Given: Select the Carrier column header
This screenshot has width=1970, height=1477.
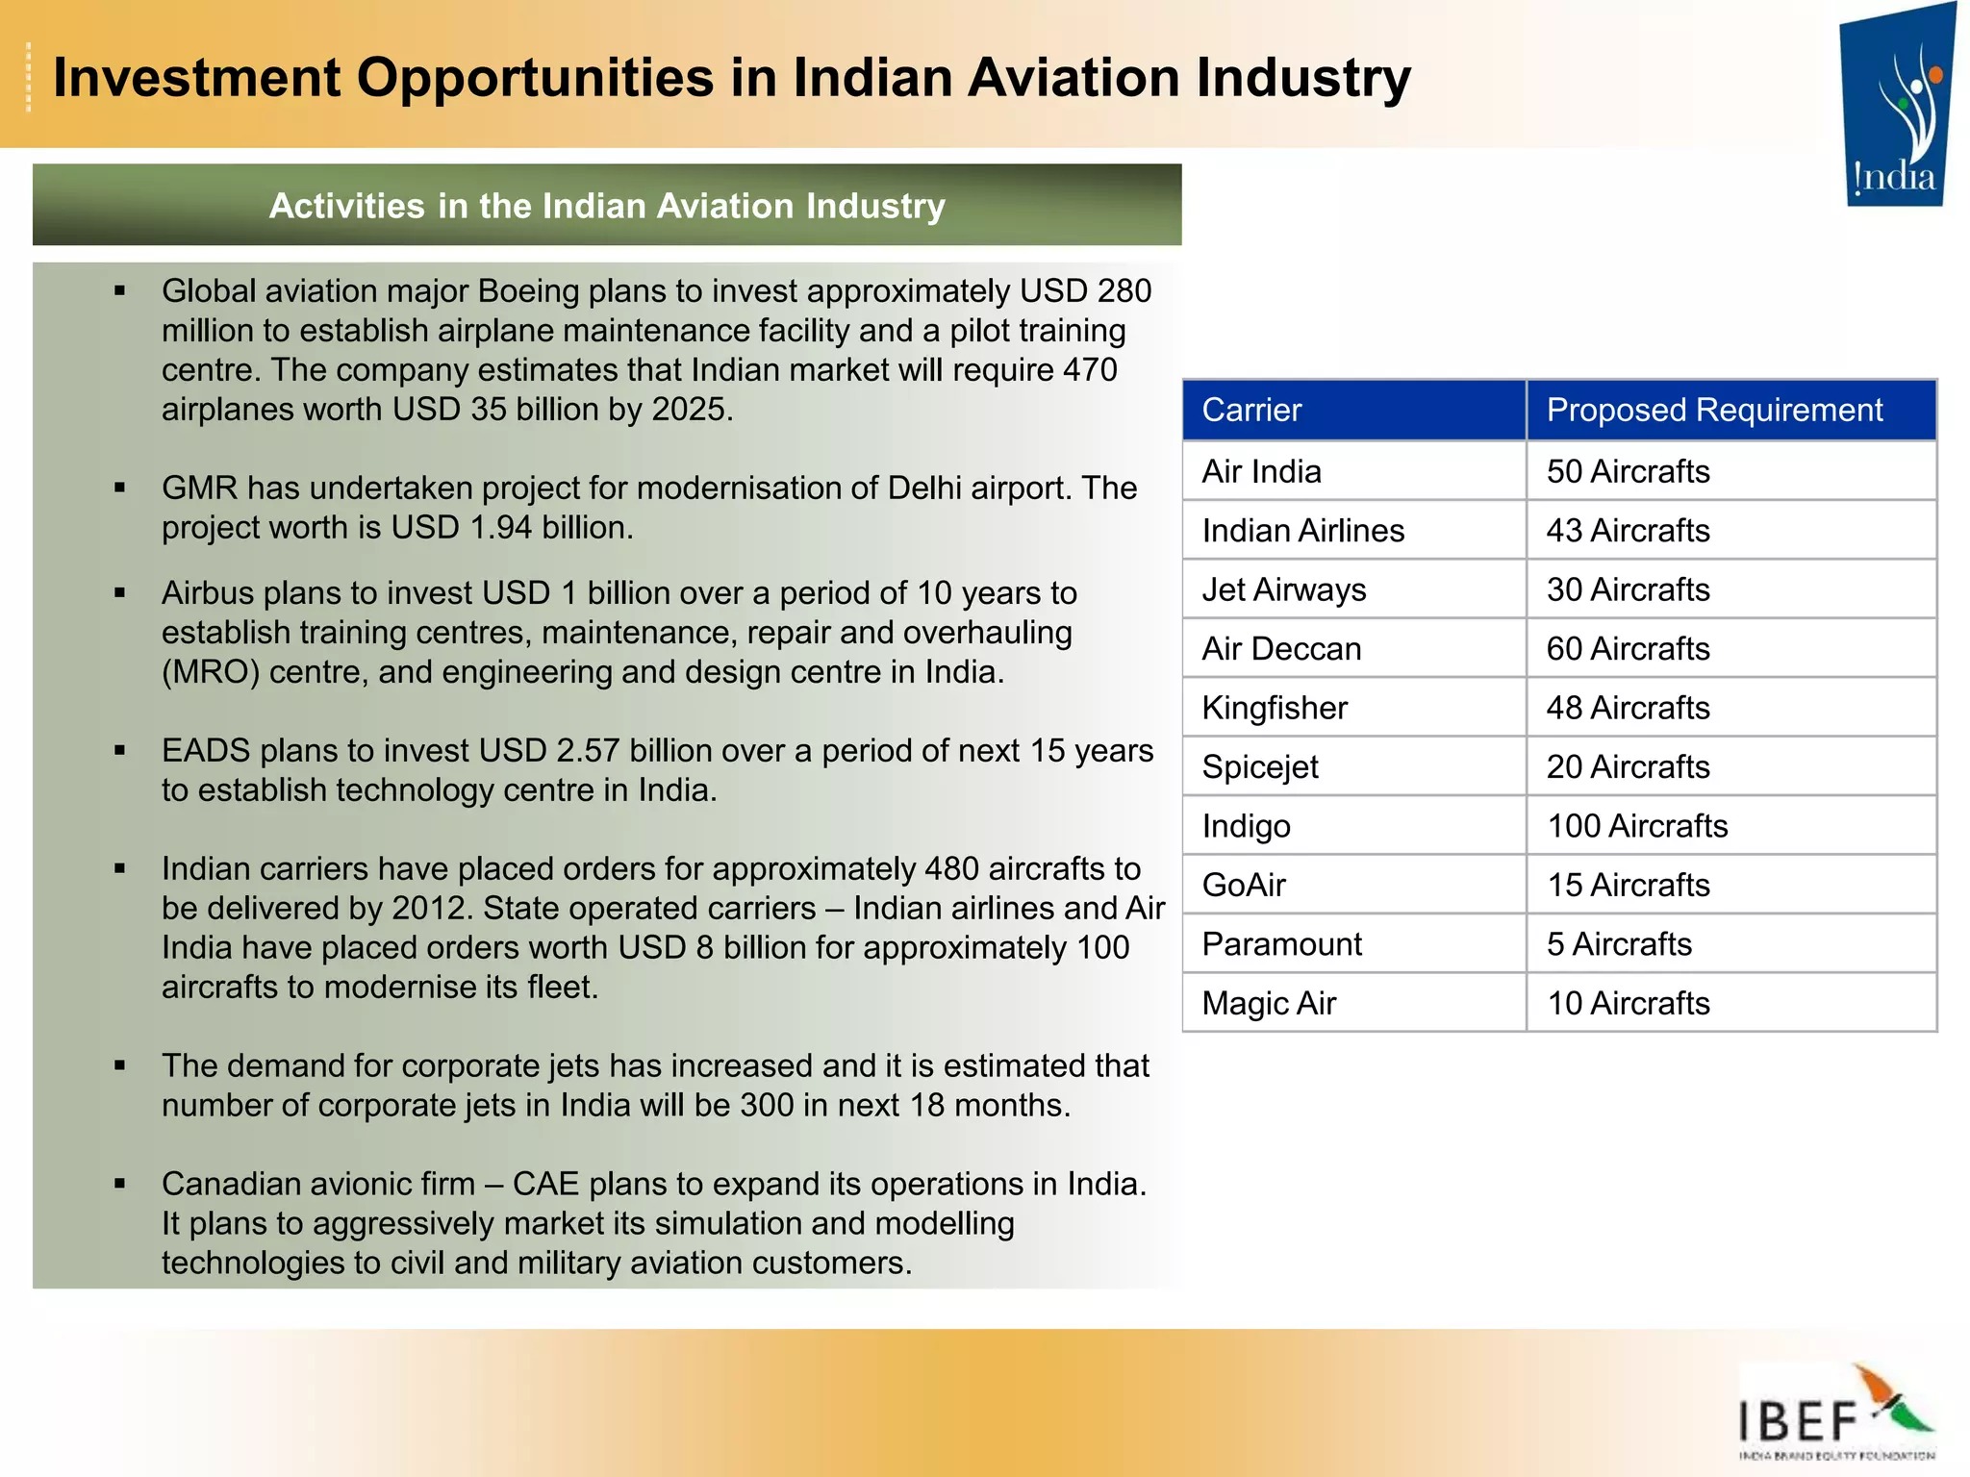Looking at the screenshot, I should [x=1251, y=411].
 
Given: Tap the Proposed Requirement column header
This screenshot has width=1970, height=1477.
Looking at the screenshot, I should [x=1714, y=411].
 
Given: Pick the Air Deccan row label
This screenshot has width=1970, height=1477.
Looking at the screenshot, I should [x=1281, y=649].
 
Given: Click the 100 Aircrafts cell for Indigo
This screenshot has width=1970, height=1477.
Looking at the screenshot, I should [x=1637, y=826].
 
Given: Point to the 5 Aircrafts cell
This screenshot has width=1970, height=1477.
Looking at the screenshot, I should [x=1619, y=944].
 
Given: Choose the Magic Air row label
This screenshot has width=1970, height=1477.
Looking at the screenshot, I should [x=1269, y=1004].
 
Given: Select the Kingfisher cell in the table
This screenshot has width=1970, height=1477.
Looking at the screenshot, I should [x=1275, y=709].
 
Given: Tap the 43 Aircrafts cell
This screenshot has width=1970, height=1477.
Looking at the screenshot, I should [x=1628, y=531].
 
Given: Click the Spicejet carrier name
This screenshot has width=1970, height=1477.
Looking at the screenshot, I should [x=1260, y=767].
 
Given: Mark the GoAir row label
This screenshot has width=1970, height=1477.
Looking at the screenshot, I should [x=1244, y=886].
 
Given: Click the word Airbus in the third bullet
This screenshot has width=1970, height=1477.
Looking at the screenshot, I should [x=207, y=593].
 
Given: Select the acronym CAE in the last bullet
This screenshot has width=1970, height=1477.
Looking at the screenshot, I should [x=545, y=1184].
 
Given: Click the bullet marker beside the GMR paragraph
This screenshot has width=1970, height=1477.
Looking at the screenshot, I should [x=120, y=488].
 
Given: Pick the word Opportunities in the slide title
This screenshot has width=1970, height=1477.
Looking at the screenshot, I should [x=536, y=78].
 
